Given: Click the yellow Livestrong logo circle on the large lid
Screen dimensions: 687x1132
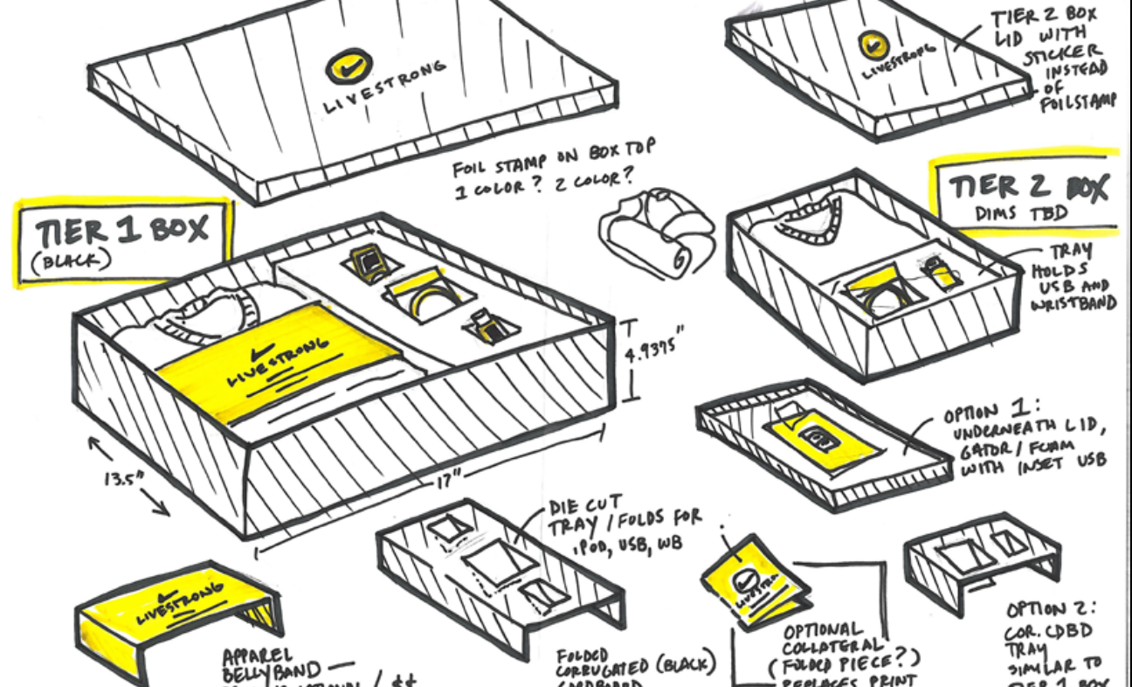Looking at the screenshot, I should [x=349, y=66].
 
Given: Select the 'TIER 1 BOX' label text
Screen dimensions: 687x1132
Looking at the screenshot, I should [x=122, y=231].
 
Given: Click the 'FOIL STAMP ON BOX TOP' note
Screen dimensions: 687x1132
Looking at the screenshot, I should [x=554, y=164].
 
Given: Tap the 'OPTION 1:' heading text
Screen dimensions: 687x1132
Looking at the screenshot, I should [x=983, y=413].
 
